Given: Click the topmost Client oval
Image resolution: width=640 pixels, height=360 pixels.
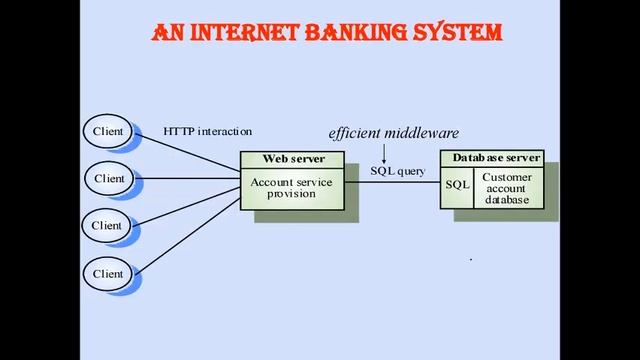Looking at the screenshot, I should point(108,131).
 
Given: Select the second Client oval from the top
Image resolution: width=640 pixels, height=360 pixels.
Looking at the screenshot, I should point(109,178).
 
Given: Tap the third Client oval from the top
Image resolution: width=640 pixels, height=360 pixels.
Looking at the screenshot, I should point(108,225).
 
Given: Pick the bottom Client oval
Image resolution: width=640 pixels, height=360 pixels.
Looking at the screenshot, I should point(108,273).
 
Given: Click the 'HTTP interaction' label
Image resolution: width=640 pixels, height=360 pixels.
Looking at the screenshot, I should point(208,131).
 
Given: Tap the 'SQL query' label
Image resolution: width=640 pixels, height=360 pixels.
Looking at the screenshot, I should point(398,171).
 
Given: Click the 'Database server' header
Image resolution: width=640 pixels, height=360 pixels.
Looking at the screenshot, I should point(496,158).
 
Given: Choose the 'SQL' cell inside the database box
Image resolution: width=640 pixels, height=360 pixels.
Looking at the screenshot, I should point(457,185).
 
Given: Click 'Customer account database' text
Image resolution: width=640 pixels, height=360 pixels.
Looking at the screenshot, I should point(508,188).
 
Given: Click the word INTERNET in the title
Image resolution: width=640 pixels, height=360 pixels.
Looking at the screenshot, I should point(233,33).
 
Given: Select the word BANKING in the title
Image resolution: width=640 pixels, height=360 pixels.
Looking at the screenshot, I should point(352,33).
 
